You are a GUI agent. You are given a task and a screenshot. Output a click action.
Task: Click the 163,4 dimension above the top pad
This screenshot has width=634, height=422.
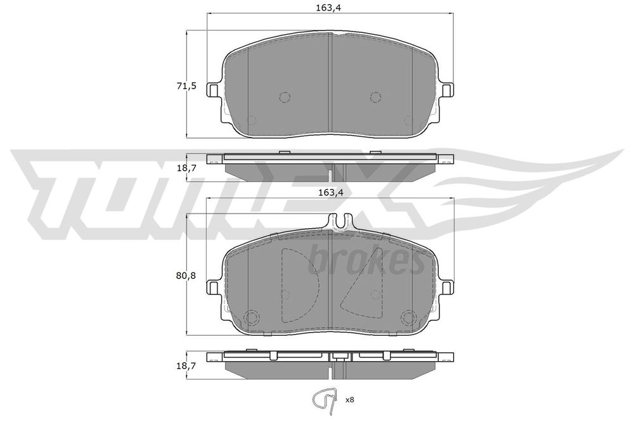tap(331, 8)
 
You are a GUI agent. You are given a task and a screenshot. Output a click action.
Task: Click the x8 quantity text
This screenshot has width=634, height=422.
tap(349, 400)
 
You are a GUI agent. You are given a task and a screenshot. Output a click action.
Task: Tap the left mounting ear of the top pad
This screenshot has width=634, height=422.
tap(215, 91)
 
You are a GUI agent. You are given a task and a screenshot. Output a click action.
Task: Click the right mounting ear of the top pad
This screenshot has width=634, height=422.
tap(448, 91)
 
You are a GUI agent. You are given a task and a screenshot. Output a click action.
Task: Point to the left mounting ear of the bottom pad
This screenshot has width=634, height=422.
tap(215, 289)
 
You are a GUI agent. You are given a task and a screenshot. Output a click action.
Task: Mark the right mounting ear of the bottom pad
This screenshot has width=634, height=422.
tap(448, 289)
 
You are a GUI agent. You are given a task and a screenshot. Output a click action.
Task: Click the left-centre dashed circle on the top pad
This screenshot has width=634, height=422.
tap(285, 96)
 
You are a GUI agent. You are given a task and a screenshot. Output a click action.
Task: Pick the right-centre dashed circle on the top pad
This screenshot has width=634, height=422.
tap(375, 96)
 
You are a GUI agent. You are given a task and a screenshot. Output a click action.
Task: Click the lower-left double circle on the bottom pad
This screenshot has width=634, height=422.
tap(252, 317)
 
